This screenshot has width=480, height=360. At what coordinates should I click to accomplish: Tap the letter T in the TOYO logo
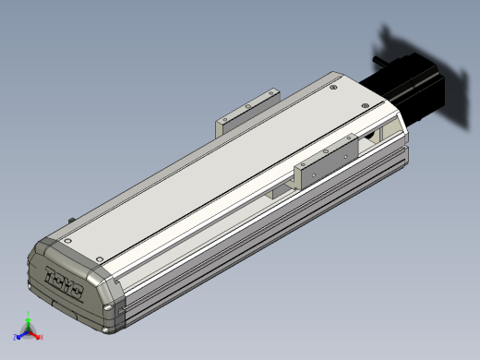tap(52, 273)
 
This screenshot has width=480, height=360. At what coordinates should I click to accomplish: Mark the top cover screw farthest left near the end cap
tap(68, 239)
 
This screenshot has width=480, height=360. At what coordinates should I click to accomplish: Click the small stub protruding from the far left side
tap(71, 220)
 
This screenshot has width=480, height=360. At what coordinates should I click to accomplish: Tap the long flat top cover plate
tap(212, 166)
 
